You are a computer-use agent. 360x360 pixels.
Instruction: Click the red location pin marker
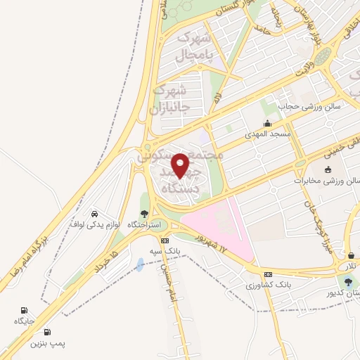pos(181,166)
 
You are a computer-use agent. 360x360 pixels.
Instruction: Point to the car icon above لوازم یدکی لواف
pos(94,212)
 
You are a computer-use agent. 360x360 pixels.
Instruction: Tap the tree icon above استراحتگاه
pos(143,214)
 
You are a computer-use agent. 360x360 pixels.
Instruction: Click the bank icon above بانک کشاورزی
pos(267,274)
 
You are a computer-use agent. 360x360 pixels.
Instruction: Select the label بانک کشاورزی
pos(268,285)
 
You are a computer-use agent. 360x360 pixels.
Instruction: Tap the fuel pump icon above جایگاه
pos(25,309)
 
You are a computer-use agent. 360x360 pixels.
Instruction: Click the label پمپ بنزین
pos(47,344)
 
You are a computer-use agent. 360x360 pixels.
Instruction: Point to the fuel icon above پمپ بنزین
pos(47,333)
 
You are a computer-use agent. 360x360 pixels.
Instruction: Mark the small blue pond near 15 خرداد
pos(140,264)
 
